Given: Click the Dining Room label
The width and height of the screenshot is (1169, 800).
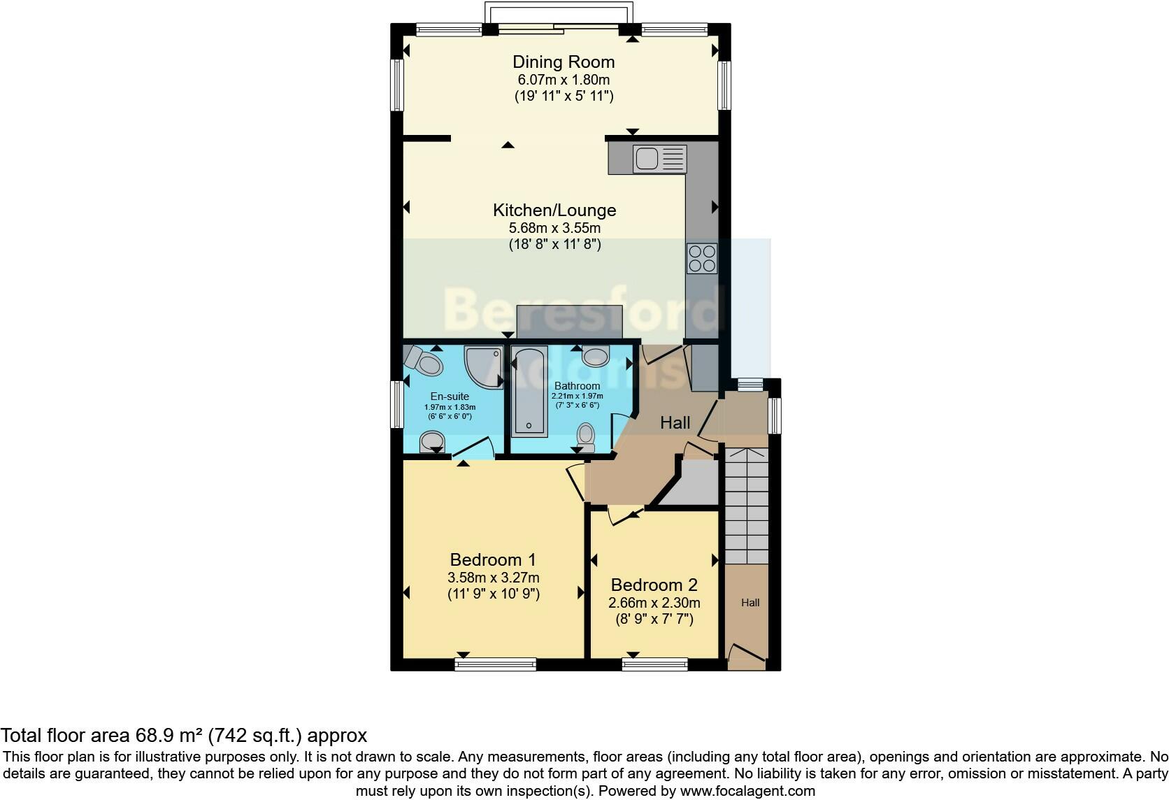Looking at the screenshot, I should point(564,62).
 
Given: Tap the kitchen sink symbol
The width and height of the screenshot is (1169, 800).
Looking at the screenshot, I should point(659,159).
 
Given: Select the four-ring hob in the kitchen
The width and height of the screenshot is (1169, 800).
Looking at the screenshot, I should point(701,257).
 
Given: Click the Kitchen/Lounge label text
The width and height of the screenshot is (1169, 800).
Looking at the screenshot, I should point(554,210).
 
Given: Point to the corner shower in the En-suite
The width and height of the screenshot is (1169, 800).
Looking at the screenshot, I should point(485,365).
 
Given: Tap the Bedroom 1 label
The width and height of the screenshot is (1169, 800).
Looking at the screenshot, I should point(493,559).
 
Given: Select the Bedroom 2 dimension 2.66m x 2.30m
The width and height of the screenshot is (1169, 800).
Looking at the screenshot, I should point(655,603).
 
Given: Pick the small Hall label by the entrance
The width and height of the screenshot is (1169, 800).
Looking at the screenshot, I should point(750,603).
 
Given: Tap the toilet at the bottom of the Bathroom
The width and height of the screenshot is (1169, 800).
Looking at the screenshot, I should point(585,437).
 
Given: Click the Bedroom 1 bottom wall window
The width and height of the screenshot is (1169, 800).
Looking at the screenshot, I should point(495,664).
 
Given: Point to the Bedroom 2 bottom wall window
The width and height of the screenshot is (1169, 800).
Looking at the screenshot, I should point(654,664).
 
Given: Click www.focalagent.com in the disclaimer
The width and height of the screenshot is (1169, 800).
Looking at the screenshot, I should point(747,791).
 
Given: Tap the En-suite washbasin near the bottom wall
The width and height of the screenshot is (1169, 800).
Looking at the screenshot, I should point(433,441).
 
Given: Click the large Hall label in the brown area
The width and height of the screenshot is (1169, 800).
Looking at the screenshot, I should point(675,422).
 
